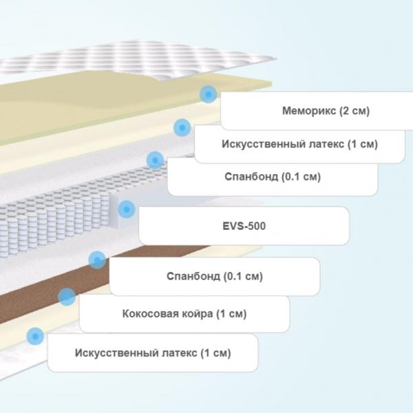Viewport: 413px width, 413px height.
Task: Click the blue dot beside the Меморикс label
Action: (209, 94)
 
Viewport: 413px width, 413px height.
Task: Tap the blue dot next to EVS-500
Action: (127, 209)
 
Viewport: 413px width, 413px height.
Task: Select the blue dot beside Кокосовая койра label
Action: (67, 297)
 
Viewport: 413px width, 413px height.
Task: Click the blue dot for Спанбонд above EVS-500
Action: (155, 160)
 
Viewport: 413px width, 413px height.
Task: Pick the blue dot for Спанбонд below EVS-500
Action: (97, 260)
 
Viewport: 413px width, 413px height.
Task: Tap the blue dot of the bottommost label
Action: (35, 336)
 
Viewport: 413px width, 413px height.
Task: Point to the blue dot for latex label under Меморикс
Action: (182, 128)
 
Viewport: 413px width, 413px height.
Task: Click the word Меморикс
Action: (309, 111)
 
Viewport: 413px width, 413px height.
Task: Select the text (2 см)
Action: (354, 111)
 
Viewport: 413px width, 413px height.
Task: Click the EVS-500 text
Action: (244, 226)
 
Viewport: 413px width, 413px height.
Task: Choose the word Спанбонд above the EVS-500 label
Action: (251, 176)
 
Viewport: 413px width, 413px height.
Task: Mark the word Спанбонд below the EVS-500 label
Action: (193, 276)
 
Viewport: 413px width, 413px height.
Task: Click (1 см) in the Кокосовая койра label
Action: (231, 314)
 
